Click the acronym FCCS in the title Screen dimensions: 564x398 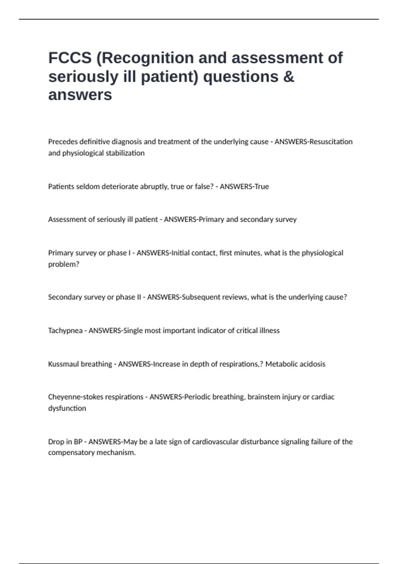click(70, 58)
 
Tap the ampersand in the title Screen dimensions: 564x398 click(289, 77)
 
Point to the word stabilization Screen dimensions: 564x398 click(125, 153)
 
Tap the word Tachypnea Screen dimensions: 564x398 click(65, 330)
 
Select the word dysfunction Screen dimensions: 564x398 click(67, 408)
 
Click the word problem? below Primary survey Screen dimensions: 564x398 click(64, 264)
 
